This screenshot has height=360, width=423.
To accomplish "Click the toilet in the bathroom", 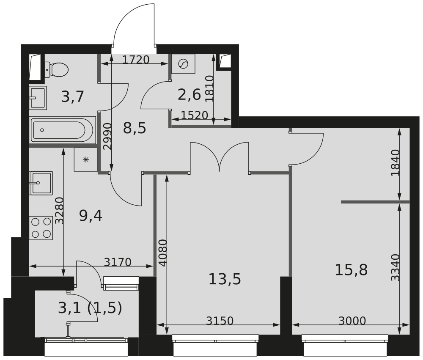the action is pyautogui.click(x=56, y=69).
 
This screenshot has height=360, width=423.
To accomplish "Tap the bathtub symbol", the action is pyautogui.click(x=62, y=130).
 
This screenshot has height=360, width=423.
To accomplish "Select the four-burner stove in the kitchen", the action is pyautogui.click(x=41, y=228).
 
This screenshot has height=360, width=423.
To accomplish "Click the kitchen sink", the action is pyautogui.click(x=41, y=183).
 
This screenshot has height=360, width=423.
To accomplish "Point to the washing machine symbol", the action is pyautogui.click(x=184, y=64).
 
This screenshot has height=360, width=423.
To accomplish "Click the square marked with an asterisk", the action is pyautogui.click(x=86, y=159).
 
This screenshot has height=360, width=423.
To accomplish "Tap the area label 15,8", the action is pyautogui.click(x=351, y=270).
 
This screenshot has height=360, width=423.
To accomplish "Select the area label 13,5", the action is pyautogui.click(x=225, y=279).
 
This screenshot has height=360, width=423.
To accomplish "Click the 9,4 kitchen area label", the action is pyautogui.click(x=91, y=216).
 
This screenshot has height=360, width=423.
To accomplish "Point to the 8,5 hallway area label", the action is pyautogui.click(x=135, y=128).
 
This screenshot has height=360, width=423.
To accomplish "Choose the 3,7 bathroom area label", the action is pyautogui.click(x=73, y=96).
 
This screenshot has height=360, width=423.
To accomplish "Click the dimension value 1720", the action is pyautogui.click(x=136, y=60).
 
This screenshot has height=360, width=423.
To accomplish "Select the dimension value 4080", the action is pyautogui.click(x=163, y=253).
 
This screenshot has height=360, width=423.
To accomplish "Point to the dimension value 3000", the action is pyautogui.click(x=352, y=321).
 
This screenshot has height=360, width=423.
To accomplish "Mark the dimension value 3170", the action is pyautogui.click(x=118, y=262).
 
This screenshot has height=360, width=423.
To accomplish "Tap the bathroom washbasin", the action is pyautogui.click(x=38, y=98).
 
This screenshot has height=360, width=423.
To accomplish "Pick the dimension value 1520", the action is pyautogui.click(x=195, y=115).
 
